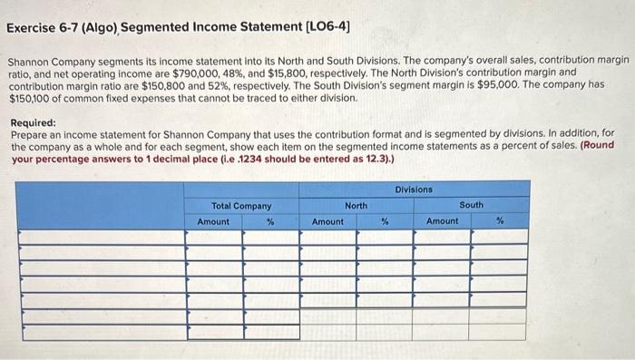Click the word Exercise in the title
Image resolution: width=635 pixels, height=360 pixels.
34,27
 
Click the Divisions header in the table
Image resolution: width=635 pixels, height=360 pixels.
414,189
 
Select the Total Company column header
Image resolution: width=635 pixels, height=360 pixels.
241,206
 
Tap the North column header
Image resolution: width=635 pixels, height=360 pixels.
356,206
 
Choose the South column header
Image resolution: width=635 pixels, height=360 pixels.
471,206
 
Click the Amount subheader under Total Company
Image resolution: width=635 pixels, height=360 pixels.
213,221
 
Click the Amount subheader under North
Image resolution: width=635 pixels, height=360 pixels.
327,221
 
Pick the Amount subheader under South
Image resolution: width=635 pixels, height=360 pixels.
443,221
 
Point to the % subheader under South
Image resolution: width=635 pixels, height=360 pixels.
499,221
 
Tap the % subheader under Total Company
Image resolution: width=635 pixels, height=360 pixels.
270,221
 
